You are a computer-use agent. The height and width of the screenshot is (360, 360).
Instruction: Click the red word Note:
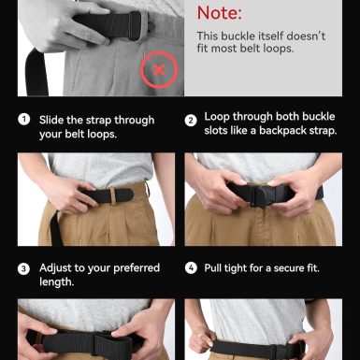[220, 13]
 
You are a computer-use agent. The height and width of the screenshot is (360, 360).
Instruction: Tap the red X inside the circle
[159, 70]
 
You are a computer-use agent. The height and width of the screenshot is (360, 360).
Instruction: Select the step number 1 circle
[24, 120]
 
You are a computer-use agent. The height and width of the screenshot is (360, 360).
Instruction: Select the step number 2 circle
[191, 121]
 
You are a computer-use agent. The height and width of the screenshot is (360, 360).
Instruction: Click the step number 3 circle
[23, 269]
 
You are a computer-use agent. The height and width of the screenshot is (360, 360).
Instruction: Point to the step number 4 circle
[191, 268]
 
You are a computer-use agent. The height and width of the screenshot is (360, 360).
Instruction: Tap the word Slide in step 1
[51, 120]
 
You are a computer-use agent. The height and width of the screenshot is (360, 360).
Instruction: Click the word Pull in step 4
[214, 268]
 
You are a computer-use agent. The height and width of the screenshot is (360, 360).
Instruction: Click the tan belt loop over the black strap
[113, 196]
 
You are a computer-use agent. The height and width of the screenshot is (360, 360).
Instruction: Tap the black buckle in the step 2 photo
[264, 195]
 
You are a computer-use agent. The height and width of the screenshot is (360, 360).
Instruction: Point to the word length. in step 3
[57, 282]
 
